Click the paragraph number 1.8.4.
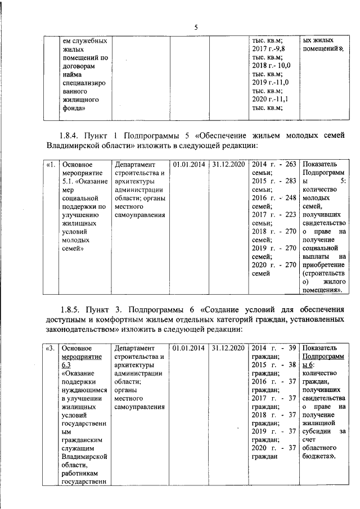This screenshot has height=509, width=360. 70,136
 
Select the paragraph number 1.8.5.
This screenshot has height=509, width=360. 70,309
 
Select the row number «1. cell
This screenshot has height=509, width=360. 50,164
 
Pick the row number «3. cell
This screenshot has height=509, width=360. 50,348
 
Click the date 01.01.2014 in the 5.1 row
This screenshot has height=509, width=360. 188,164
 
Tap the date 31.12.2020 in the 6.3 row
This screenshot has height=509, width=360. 228,348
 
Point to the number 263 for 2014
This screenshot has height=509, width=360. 291,164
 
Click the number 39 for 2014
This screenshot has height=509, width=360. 292,348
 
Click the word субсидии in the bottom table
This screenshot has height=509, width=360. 317,431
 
